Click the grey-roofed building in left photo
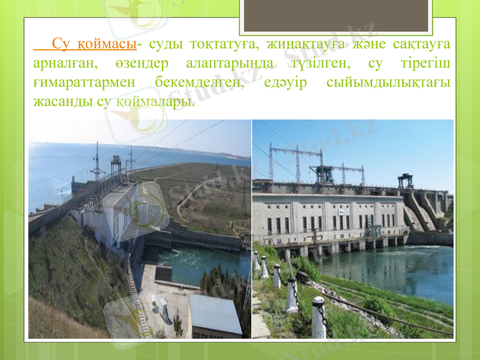[x=214, y=314]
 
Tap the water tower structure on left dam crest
[x=115, y=162]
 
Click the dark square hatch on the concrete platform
[x=163, y=274]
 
